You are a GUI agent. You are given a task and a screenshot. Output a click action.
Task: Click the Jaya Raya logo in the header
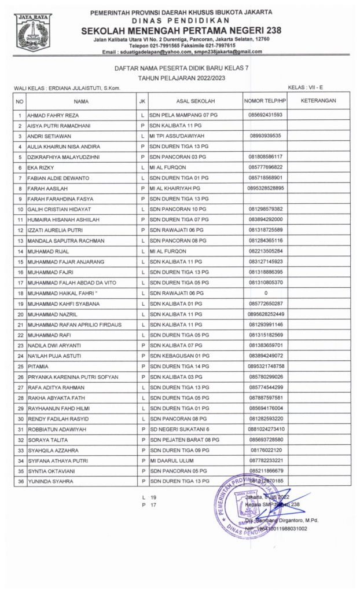coord(32,32)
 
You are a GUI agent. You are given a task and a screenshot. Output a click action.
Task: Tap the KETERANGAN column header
coord(318,101)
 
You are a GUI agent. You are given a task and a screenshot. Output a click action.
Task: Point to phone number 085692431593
coord(265,115)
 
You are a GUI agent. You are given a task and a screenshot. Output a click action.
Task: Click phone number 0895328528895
coord(265,188)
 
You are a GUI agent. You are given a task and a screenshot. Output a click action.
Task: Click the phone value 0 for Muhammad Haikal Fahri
coord(265,293)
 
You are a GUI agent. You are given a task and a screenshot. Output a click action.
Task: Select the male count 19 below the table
coord(153,497)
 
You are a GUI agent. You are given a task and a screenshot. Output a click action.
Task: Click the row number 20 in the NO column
coord(20,314)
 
